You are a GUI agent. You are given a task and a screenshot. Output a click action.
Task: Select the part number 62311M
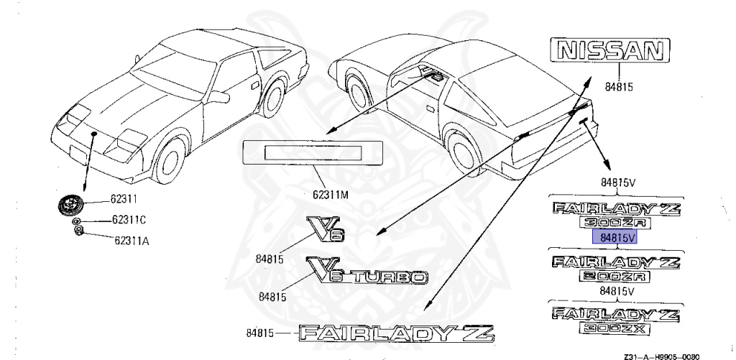coord(330,194)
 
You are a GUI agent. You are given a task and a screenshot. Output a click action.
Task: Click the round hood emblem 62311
coord(71,204)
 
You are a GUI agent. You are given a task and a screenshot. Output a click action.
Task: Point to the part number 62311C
coord(129,220)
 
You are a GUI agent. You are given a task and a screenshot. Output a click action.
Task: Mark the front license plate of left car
coord(74,153)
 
